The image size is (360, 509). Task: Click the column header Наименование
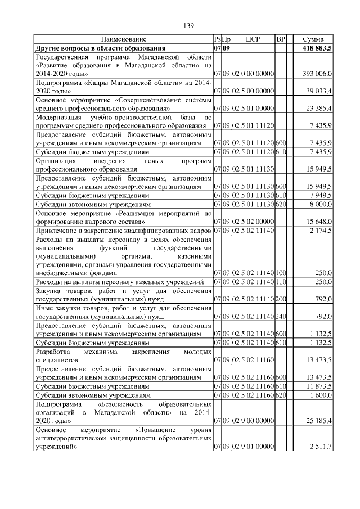(x=124, y=39)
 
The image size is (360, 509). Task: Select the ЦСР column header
(x=252, y=39)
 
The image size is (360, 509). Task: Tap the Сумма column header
(x=312, y=39)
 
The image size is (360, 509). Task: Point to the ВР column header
(x=281, y=39)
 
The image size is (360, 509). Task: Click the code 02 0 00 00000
(x=252, y=74)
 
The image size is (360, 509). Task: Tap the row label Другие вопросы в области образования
(x=101, y=48)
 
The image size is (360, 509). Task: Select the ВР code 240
(x=281, y=316)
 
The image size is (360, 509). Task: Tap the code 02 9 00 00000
(x=252, y=420)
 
